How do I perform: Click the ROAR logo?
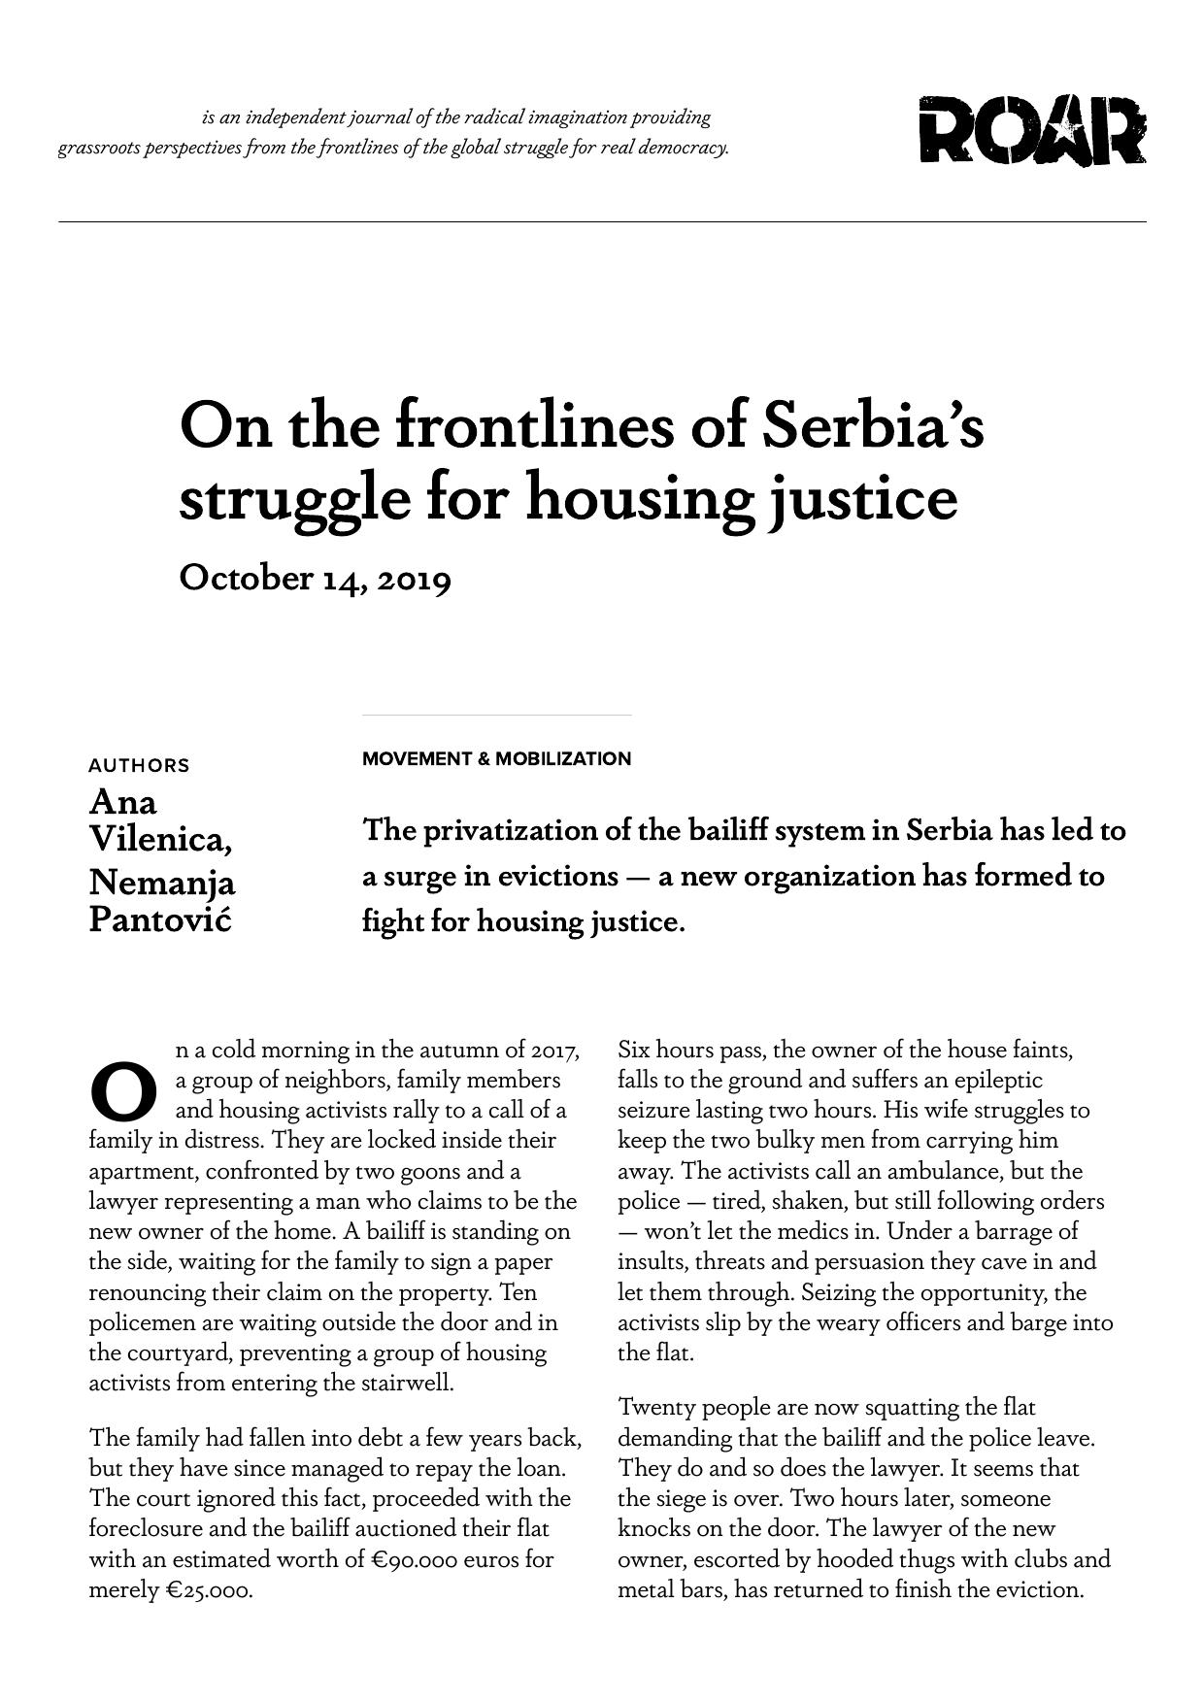coord(1032,130)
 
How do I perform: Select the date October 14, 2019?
coord(315,578)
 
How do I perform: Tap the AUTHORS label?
coord(139,765)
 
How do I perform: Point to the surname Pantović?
coord(159,918)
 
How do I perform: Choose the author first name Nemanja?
coord(161,883)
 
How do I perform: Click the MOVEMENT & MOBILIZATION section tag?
coord(496,758)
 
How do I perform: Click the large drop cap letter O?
coord(123,1092)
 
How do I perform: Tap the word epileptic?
coord(997,1080)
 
